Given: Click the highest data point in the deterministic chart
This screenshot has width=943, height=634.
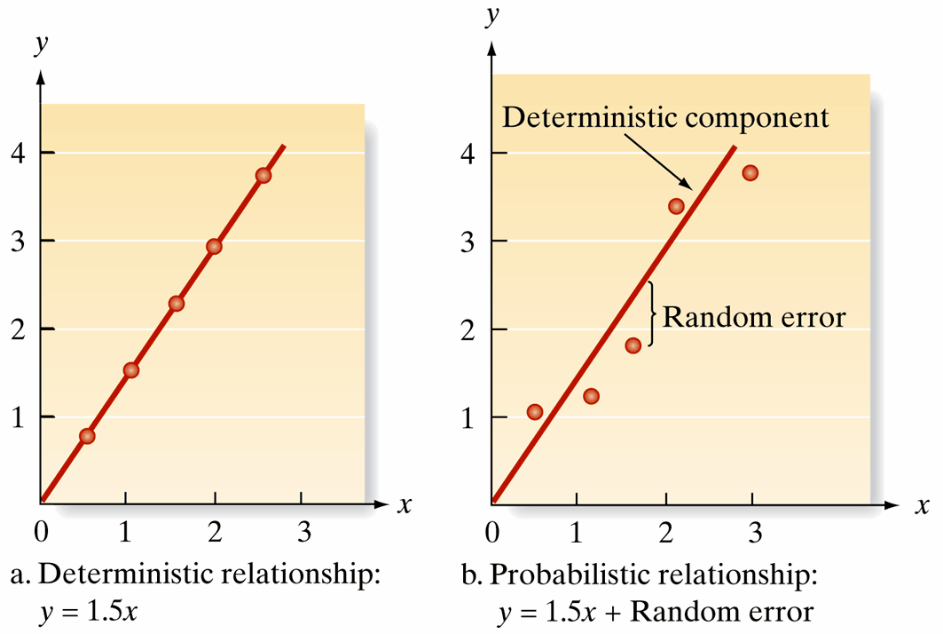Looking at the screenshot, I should pos(263,175).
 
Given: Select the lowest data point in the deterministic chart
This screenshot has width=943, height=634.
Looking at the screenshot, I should pos(86,436).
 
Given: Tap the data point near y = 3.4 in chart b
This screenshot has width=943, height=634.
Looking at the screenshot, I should pos(676,206).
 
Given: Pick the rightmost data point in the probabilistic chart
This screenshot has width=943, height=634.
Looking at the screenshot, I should pos(750,172).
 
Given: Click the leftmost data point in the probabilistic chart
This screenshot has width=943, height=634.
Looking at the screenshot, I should pos(534,411).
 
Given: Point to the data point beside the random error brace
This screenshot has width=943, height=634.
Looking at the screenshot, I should pos(633,345).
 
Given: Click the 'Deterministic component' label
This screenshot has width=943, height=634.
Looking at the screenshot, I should pos(665,117).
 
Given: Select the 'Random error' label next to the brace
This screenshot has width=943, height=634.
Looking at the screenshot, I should pos(754,317).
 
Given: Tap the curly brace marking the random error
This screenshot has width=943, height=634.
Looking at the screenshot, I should pos(652,314).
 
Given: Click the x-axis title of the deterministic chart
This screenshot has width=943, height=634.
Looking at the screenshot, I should pos(405,505).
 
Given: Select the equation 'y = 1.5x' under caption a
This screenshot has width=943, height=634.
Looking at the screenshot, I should pos(98,612).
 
